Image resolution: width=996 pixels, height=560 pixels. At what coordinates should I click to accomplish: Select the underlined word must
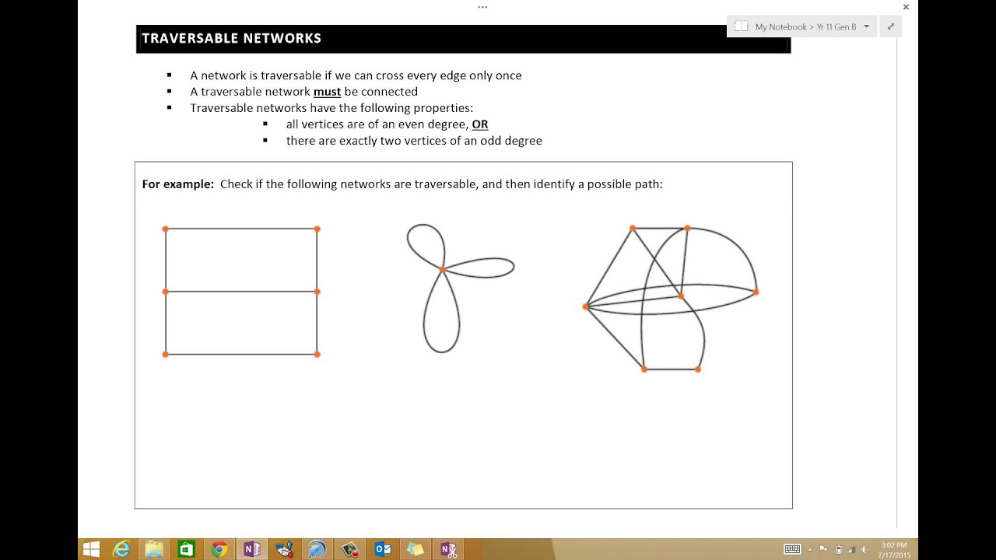327,92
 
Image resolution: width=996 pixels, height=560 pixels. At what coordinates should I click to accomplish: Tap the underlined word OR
480,124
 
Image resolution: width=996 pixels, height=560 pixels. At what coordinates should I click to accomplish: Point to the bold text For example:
177,184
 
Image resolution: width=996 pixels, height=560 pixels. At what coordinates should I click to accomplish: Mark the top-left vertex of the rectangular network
165,229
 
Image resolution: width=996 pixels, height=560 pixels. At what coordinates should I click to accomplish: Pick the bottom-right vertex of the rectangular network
317,354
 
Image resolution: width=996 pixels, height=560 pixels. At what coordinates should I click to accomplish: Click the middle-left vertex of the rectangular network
165,292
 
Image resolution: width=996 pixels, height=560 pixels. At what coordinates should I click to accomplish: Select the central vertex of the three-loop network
442,269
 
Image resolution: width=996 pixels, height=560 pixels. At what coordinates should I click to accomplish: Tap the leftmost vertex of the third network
585,306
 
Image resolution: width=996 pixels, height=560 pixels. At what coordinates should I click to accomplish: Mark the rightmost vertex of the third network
756,292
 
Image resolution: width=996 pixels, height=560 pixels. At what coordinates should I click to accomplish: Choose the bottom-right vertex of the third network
698,369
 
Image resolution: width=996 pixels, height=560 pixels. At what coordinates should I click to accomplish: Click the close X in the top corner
906,7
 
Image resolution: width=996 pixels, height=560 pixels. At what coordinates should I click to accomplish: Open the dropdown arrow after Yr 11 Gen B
866,26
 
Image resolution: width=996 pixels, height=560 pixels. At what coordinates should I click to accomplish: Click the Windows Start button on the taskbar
91,549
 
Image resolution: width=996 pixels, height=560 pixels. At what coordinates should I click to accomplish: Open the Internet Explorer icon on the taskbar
121,549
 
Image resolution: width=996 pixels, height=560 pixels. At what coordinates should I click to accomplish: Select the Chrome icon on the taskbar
219,549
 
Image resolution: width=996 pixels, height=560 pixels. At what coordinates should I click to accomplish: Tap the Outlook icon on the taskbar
383,549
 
